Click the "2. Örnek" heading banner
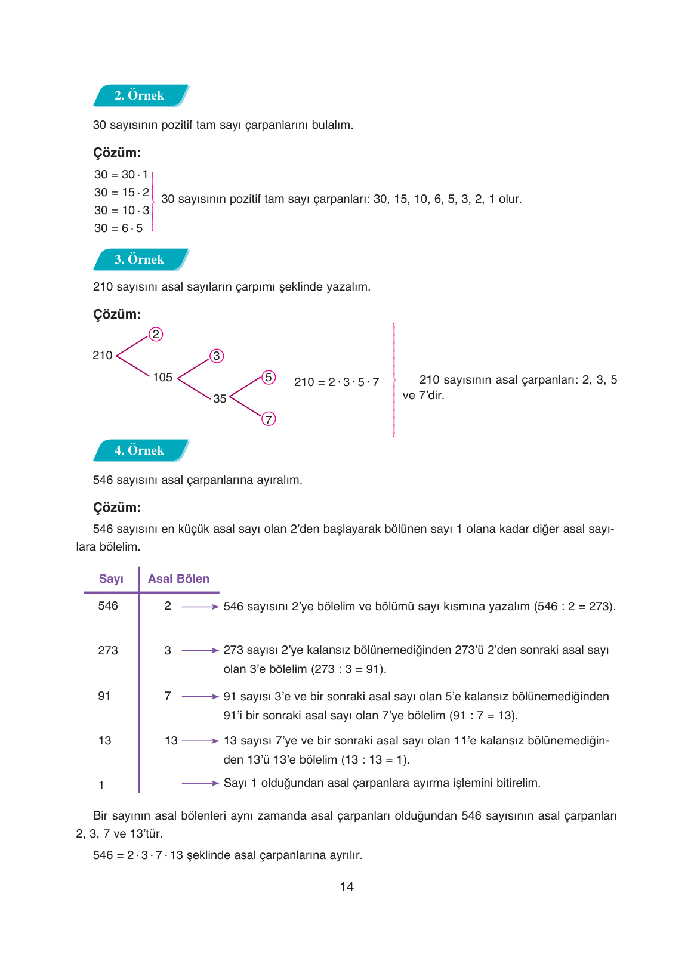140,95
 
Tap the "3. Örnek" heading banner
140,259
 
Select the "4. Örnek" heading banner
140,450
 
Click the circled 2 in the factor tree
156,334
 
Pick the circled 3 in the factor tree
216,356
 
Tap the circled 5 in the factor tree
269,377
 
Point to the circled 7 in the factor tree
269,419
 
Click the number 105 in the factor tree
162,378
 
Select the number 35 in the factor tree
220,398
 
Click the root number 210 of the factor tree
103,356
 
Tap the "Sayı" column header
111,579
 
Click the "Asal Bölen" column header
178,579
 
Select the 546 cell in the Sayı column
108,606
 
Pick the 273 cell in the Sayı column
108,651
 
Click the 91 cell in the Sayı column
104,696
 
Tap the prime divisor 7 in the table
168,696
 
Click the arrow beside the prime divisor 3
200,651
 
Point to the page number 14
347,887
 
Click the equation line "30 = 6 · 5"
119,228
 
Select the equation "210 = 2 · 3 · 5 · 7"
337,382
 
